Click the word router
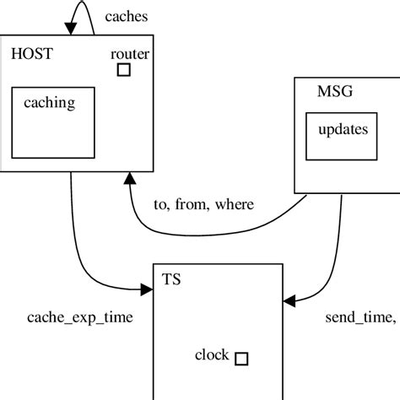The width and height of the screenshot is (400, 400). point(130,55)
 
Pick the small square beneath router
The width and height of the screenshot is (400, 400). point(123,70)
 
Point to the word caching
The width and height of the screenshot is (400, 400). point(50,104)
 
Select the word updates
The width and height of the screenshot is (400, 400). point(342,130)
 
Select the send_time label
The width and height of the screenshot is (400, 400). point(359,317)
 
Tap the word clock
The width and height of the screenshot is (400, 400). point(212,355)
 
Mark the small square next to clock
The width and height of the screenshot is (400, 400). point(241,359)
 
